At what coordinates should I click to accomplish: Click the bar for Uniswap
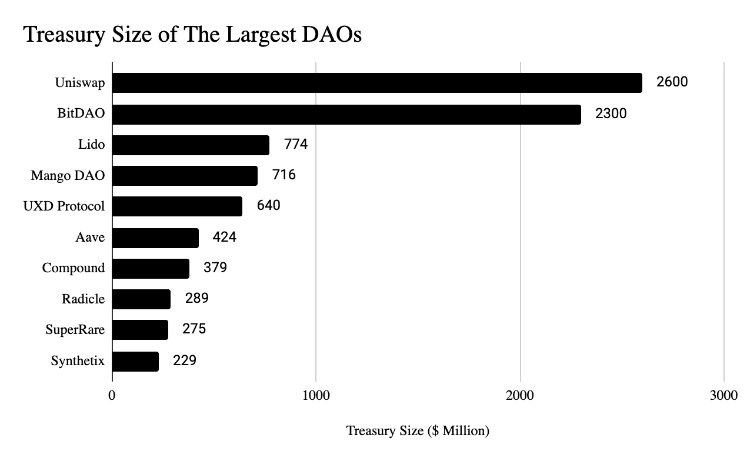(x=376, y=83)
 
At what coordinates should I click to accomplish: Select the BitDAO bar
(x=346, y=114)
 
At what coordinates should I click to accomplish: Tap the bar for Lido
(x=191, y=145)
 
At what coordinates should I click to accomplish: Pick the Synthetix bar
(x=135, y=361)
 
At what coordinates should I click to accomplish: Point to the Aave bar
(x=155, y=238)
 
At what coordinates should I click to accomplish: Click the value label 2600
(x=672, y=82)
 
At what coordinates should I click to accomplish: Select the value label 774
(x=296, y=143)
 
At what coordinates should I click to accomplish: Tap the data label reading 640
(x=268, y=206)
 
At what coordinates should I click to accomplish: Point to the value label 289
(x=196, y=298)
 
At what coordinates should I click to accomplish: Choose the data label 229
(x=185, y=360)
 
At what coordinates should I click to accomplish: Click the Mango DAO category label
(x=68, y=175)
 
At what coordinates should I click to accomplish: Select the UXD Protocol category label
(x=64, y=206)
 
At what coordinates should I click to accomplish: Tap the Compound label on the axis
(x=74, y=268)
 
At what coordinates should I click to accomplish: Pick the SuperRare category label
(x=75, y=330)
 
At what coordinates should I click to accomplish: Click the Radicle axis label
(x=83, y=299)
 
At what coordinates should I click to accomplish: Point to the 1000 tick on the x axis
(x=316, y=395)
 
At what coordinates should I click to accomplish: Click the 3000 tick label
(x=723, y=395)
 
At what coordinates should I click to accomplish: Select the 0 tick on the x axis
(x=112, y=395)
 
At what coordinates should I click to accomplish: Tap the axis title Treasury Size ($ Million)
(x=418, y=431)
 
